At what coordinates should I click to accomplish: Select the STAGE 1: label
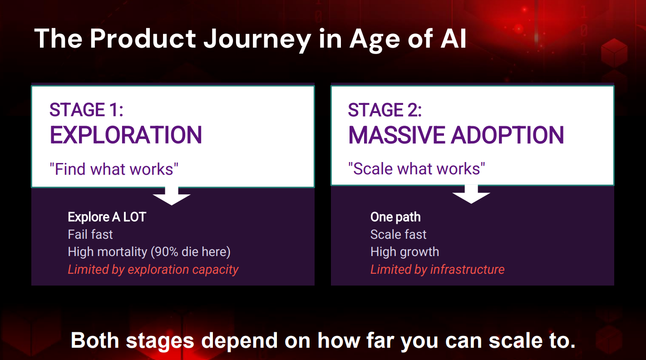pos(87,110)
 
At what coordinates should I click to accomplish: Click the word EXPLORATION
pos(126,135)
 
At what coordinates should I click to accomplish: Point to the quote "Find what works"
pos(114,169)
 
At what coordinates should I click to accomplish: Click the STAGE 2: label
pos(385,110)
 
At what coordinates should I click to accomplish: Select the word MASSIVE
pos(397,135)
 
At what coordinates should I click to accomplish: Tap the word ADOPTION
pos(508,135)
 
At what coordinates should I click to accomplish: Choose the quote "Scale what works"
pos(416,168)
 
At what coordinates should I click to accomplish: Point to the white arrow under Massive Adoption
pos(471,194)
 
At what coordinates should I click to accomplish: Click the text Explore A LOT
pos(107,217)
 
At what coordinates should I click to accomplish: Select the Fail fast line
pos(90,234)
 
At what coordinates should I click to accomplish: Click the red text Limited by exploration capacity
pos(153,269)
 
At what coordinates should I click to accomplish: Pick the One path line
pos(395,217)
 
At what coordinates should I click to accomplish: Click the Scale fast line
pos(398,234)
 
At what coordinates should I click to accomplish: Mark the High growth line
pos(404,252)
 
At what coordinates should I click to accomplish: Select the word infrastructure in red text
pos(467,269)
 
